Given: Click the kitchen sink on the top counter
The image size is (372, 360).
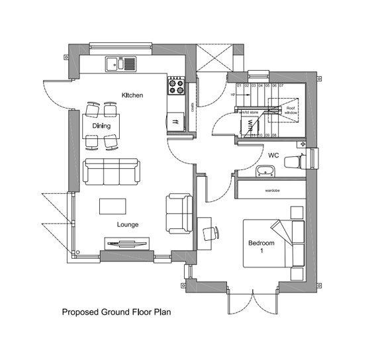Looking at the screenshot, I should pos(120,64).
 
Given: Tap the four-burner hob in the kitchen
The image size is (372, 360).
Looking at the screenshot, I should pos(176,87).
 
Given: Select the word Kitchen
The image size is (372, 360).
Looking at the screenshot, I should pos(132,96).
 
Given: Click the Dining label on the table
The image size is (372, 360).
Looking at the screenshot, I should pos(101,126).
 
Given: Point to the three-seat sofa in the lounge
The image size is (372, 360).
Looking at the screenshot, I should pos(111,171).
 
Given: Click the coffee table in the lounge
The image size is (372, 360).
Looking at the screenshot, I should pos(113,206).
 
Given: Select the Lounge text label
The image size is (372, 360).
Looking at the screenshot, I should pos(128,224).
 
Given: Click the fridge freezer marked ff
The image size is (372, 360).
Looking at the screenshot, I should pos(176,122).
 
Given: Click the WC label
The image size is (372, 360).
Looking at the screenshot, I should pos(273,156).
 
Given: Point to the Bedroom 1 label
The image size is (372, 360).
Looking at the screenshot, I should pos(261,247).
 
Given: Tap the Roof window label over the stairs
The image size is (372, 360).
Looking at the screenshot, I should pos(291,111).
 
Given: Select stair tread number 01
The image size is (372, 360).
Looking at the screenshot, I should pos(239,86).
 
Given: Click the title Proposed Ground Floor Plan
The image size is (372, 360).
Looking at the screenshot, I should pos(116,311).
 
